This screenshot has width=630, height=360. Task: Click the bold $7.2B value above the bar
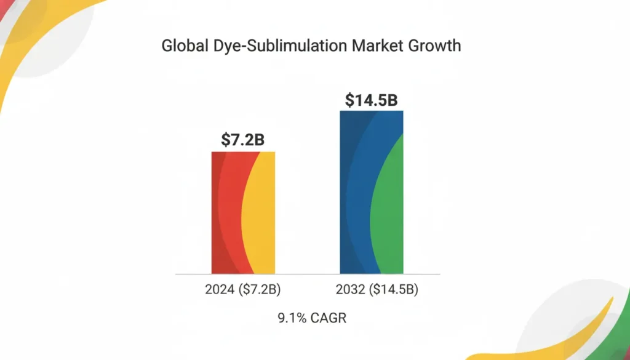(x=243, y=140)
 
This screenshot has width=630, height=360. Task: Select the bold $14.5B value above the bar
(x=371, y=100)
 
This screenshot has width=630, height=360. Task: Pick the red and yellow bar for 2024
(x=243, y=212)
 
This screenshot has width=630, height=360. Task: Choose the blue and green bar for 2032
(x=372, y=192)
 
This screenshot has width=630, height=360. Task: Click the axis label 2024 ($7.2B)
(x=243, y=289)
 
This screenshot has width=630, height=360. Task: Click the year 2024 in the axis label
(x=218, y=289)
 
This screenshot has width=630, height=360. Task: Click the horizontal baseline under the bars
(x=308, y=274)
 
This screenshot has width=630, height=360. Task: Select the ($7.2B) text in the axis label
(x=258, y=289)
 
